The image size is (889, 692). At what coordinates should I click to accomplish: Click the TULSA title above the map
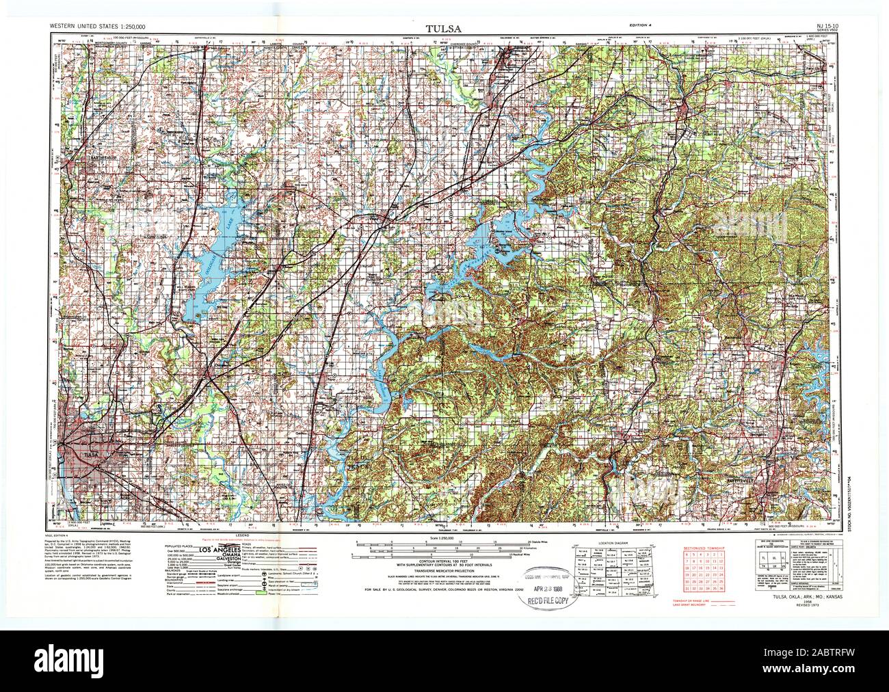444,29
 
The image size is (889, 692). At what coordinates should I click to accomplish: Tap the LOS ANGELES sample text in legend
219,549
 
